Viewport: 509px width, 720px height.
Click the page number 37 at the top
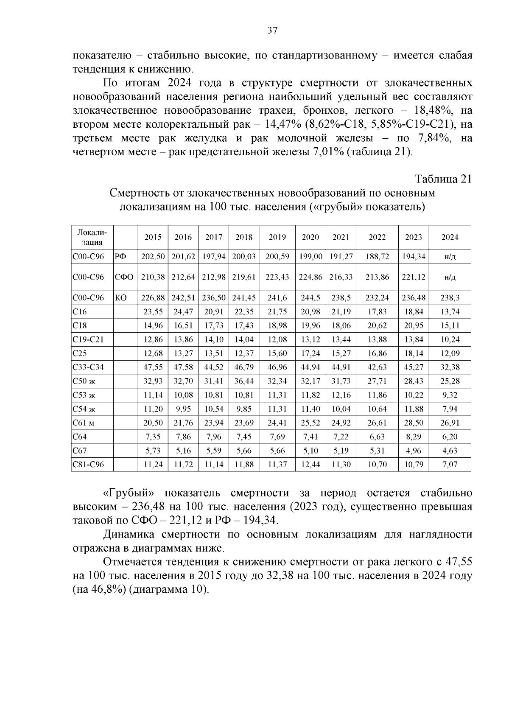[x=272, y=31]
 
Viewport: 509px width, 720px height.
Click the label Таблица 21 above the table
[x=443, y=179]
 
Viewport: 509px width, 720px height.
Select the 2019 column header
[x=277, y=237]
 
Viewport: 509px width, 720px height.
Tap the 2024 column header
[x=450, y=237]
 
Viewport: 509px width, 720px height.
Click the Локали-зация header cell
[x=92, y=237]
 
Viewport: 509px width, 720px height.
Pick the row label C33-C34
[x=88, y=367]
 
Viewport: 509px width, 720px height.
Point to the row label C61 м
[x=84, y=423]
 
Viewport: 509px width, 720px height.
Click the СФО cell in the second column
[x=124, y=277]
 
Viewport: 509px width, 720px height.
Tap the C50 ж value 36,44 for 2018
[x=243, y=381]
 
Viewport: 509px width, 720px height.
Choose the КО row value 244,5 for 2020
[x=310, y=298]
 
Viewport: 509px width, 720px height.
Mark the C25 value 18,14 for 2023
[x=413, y=353]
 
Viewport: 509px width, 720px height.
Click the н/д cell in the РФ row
[x=450, y=257]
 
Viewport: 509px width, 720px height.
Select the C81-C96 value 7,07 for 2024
[x=450, y=465]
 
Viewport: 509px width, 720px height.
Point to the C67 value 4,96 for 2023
[x=413, y=451]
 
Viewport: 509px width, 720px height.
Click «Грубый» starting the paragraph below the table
[x=128, y=493]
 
